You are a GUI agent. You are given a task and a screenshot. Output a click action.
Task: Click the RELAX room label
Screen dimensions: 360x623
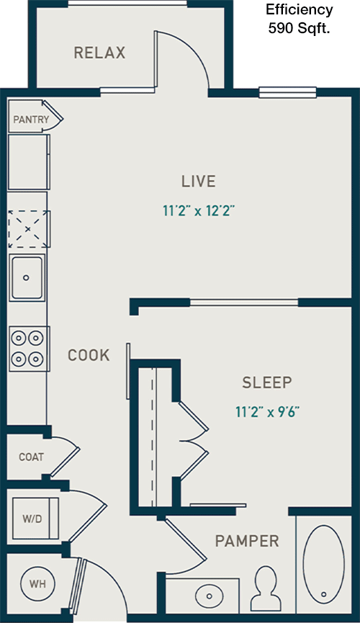[x=99, y=53]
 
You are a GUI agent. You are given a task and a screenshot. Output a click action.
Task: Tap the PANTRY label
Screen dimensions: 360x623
[x=31, y=119]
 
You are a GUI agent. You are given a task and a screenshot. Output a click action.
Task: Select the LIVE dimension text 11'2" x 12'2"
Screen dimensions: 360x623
[x=199, y=210]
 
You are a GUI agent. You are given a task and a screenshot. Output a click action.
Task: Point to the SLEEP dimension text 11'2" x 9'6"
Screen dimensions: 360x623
[x=267, y=412]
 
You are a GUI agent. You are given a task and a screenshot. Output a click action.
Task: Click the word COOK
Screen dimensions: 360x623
[x=89, y=355]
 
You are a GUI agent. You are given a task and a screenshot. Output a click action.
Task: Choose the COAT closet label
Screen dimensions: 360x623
[x=32, y=457]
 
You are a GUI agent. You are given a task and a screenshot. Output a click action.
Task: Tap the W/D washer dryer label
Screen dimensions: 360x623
[x=32, y=519]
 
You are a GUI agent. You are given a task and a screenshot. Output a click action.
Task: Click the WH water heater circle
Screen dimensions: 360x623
[x=37, y=583]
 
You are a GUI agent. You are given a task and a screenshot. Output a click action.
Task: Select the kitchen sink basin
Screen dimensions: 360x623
[x=27, y=277]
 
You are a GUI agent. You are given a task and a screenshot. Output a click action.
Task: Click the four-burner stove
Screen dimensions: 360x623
[x=28, y=349]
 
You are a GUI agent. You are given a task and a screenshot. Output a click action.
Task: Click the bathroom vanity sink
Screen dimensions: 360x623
[x=210, y=596]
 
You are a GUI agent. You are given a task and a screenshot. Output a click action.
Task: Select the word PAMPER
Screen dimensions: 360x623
[x=247, y=541]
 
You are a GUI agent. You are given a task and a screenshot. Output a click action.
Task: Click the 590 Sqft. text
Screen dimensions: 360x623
[x=300, y=29]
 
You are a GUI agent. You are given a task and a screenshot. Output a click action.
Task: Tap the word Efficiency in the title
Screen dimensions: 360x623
[x=300, y=9]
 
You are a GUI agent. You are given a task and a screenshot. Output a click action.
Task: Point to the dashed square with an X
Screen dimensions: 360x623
[x=28, y=229]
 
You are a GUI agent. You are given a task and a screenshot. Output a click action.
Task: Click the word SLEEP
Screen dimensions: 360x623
[x=267, y=382]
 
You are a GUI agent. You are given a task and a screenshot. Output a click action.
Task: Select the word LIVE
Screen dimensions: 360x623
[x=199, y=181]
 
